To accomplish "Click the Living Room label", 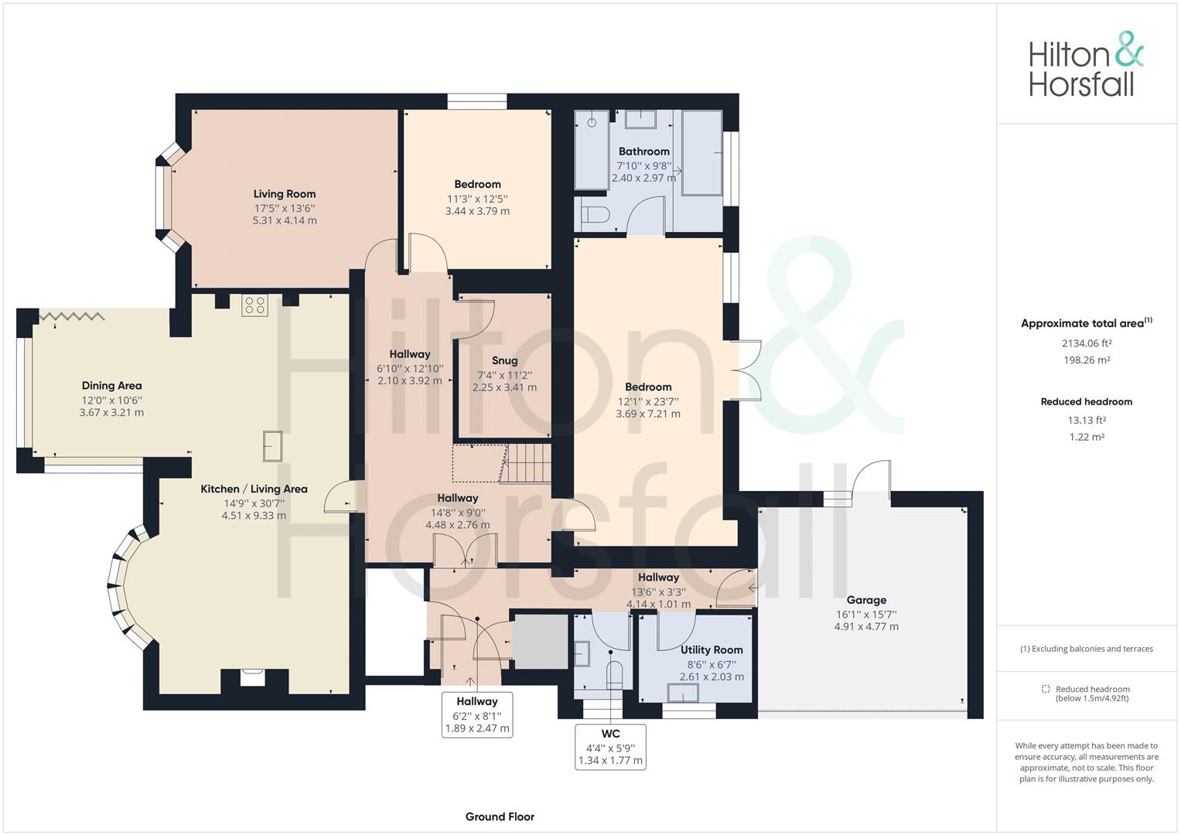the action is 284,194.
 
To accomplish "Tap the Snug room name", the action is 504,360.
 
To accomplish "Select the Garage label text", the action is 866,600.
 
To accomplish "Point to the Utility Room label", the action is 712,650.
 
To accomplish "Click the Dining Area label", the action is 111,386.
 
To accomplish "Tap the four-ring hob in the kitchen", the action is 254,305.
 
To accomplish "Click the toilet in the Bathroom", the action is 596,215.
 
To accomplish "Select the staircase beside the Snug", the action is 525,463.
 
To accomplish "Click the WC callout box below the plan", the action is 610,747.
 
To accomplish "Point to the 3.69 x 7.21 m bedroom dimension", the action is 648,414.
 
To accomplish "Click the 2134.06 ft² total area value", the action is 1087,343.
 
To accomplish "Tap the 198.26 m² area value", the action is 1087,360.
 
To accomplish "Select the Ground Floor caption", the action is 500,816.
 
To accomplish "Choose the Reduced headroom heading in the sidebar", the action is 1087,402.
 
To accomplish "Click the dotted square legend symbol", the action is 1046,688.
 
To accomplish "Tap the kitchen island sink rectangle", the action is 272,446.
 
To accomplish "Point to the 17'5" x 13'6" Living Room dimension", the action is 284,208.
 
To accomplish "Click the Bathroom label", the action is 643,152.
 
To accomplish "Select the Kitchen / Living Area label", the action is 254,489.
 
